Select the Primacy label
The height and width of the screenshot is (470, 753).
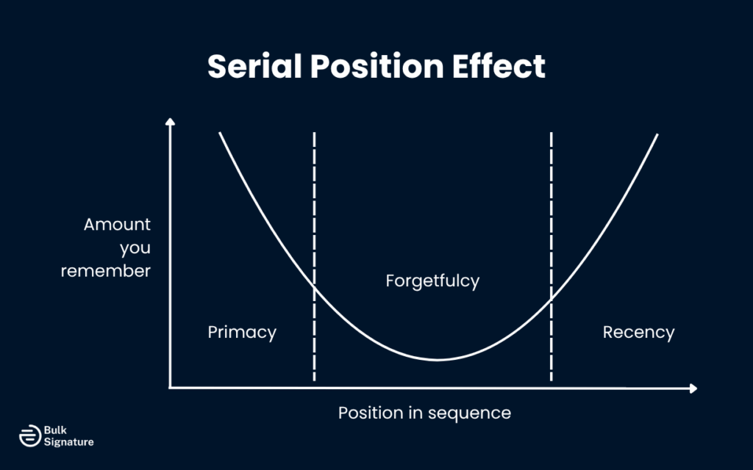(242, 333)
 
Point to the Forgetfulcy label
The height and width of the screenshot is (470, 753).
(432, 281)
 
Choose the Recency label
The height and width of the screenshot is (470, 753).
(638, 333)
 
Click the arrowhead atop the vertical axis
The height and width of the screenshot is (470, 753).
(171, 122)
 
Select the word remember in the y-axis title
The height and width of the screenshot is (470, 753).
(106, 271)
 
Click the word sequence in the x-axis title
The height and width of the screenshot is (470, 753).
(472, 413)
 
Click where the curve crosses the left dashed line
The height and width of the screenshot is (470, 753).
(315, 287)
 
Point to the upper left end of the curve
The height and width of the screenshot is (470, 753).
(220, 134)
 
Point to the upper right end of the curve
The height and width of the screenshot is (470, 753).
(657, 135)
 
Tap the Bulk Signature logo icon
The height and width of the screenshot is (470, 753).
(29, 435)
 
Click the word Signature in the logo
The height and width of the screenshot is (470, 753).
(69, 442)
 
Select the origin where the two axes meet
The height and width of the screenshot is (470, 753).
(171, 388)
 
